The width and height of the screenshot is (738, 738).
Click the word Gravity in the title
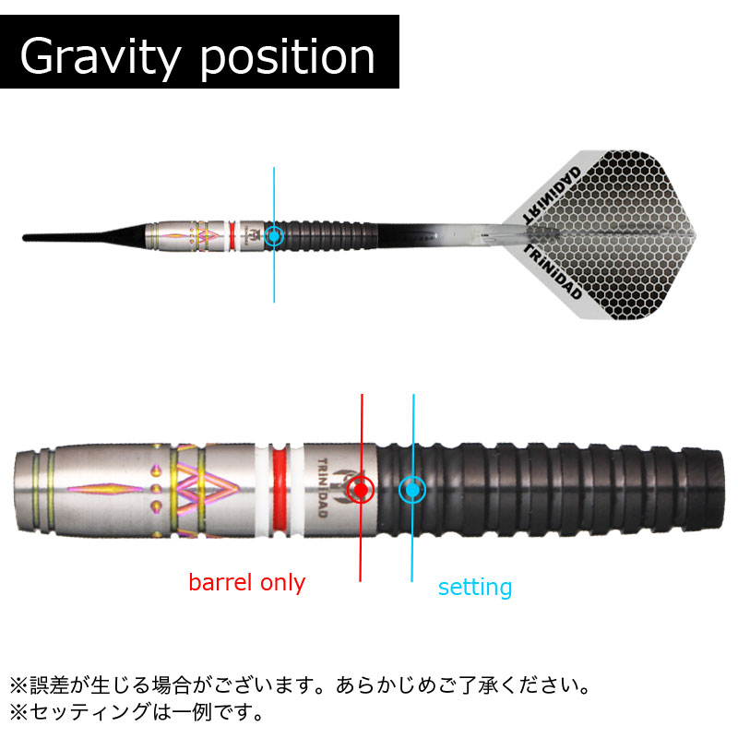[x=100, y=57]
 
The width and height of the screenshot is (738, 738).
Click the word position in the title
[x=287, y=57]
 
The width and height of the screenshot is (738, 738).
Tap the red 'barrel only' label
[x=246, y=583]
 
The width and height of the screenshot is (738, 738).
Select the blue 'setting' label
[x=475, y=588]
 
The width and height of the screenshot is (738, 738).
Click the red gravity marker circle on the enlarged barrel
[x=361, y=490]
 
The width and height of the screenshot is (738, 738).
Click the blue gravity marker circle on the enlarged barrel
[x=412, y=490]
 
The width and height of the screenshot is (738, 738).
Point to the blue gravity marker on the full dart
[x=274, y=235]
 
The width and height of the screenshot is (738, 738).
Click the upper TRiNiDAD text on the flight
[x=552, y=194]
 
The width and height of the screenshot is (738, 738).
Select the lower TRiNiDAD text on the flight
[x=553, y=273]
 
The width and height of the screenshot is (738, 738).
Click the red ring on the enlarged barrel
[x=279, y=490]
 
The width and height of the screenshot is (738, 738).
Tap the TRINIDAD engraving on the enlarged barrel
[x=322, y=488]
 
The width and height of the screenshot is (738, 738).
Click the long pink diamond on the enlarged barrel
[x=105, y=490]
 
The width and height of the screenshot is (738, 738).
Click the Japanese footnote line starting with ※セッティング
[x=137, y=711]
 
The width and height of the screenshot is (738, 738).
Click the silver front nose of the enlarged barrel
[x=34, y=491]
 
